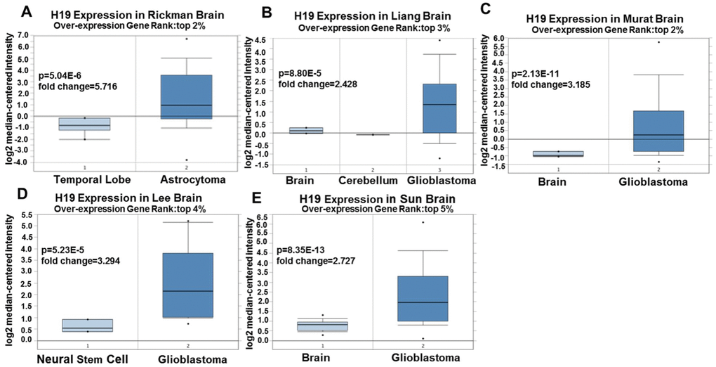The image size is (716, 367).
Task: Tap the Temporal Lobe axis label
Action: click(85, 180)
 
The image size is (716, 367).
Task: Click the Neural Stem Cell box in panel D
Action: click(87, 326)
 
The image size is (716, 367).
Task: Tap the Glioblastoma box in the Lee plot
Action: click(188, 285)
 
